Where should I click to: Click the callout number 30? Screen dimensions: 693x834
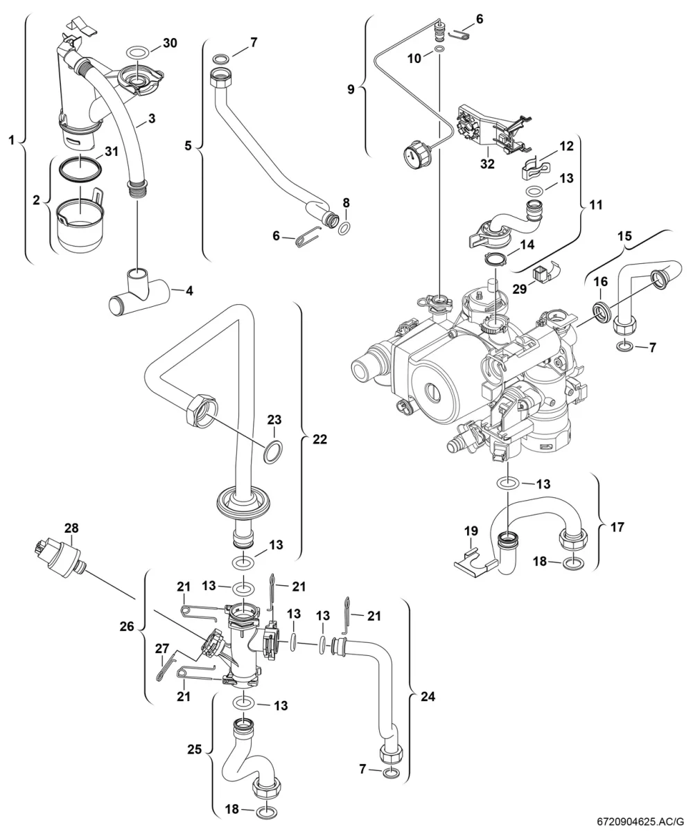tap(170, 43)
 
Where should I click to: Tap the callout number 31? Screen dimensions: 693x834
tap(112, 152)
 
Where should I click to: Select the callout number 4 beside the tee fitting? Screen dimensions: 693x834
tap(189, 291)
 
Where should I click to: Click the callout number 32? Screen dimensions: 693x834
tap(487, 163)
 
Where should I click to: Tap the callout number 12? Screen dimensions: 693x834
tap(566, 146)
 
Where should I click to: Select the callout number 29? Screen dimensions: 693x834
tap(520, 289)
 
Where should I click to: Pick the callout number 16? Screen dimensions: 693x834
tap(600, 282)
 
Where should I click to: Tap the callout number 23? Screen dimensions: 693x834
tap(274, 420)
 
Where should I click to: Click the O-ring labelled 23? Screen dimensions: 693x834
tap(273, 452)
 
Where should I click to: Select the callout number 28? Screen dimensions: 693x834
tap(71, 528)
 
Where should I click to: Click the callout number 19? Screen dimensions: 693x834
tap(471, 531)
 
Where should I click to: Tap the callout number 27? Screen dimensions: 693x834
tap(162, 648)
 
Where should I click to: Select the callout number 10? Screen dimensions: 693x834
tap(414, 59)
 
